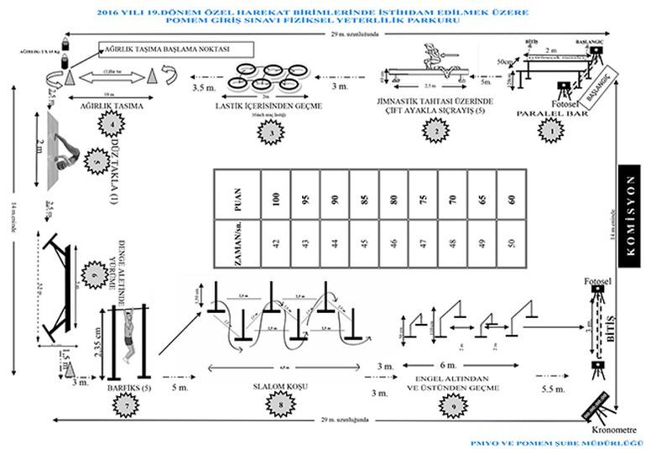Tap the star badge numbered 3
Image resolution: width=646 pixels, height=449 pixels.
pyautogui.click(x=269, y=131)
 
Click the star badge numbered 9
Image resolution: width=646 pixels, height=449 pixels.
pyautogui.click(x=454, y=407)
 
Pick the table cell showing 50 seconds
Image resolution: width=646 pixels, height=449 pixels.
pyautogui.click(x=511, y=243)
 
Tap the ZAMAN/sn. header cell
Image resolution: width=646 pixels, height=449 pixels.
pyautogui.click(x=237, y=243)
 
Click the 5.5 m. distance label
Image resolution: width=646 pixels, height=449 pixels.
pyautogui.click(x=553, y=391)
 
